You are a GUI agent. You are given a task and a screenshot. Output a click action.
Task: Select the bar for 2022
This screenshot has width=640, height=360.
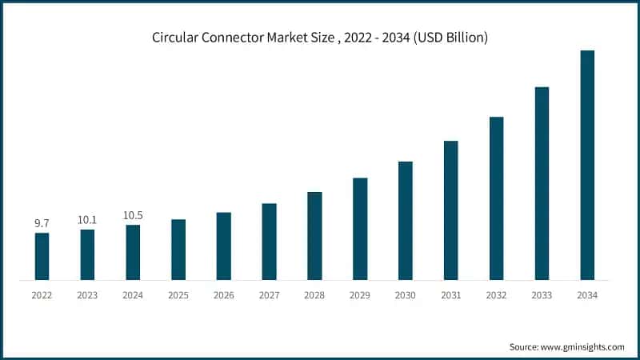[42, 256]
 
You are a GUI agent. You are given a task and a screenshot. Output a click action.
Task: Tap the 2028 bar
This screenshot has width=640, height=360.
[314, 236]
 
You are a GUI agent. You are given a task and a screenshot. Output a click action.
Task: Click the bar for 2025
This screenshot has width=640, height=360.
[178, 250]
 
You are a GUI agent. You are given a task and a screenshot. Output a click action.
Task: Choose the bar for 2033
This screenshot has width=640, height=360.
[542, 183]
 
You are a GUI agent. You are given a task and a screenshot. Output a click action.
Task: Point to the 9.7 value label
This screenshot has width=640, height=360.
[42, 223]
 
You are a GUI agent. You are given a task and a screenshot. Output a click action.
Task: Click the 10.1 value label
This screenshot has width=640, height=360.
[87, 220]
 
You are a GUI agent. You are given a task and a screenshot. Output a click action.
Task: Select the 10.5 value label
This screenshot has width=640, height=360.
[133, 215]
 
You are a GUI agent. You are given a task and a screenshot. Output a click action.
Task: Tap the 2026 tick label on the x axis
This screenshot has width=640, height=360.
[224, 295]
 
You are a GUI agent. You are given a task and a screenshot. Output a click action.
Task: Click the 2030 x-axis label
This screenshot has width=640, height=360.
[406, 295]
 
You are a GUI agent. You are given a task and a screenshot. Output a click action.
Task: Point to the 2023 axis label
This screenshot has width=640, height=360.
[87, 295]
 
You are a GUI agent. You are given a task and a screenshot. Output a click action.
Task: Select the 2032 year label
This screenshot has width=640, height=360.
[496, 295]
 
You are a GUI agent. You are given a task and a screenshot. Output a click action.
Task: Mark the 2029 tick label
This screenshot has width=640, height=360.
[360, 295]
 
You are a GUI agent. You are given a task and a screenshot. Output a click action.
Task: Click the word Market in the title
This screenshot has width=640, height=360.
[286, 37]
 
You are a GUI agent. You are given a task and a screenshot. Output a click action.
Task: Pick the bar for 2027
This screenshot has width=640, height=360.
[269, 242]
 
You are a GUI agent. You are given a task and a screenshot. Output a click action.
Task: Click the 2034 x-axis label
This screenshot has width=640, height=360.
[587, 295]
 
